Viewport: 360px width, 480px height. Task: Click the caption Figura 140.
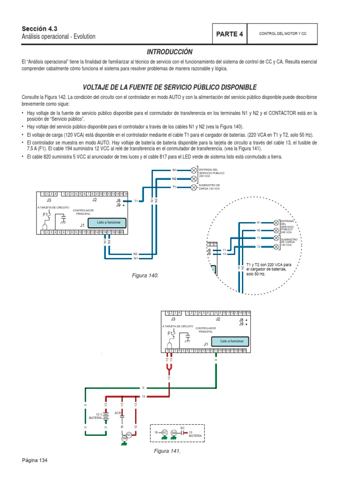(x=145, y=275)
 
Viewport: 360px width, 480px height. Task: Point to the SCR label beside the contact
(x=118, y=413)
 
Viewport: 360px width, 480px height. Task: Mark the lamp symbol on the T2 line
(x=274, y=246)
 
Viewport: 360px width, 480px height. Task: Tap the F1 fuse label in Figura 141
(x=170, y=333)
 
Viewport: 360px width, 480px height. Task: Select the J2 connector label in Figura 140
(x=94, y=200)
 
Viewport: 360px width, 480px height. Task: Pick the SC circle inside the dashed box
(x=164, y=432)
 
